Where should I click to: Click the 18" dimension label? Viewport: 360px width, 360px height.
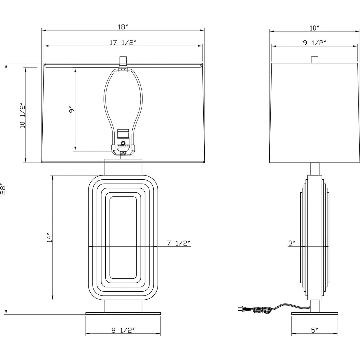pyautogui.click(x=123, y=27)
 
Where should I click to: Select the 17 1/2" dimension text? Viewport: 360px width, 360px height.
pyautogui.click(x=123, y=43)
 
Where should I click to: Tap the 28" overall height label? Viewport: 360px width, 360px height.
pyautogui.click(x=3, y=189)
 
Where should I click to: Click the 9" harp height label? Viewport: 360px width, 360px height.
pyautogui.click(x=71, y=111)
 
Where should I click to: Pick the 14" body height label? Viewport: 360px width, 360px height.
pyautogui.click(x=49, y=238)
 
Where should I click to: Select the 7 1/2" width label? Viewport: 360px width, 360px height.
pyautogui.click(x=179, y=243)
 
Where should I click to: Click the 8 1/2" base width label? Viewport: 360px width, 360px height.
pyautogui.click(x=123, y=330)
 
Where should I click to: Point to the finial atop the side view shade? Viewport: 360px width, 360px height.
pyautogui.click(x=314, y=60)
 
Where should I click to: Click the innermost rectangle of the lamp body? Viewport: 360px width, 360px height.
pyautogui.click(x=123, y=238)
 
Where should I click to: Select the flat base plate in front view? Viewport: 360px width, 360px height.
pyautogui.click(x=123, y=313)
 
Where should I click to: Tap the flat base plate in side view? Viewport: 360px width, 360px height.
pyautogui.click(x=314, y=313)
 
